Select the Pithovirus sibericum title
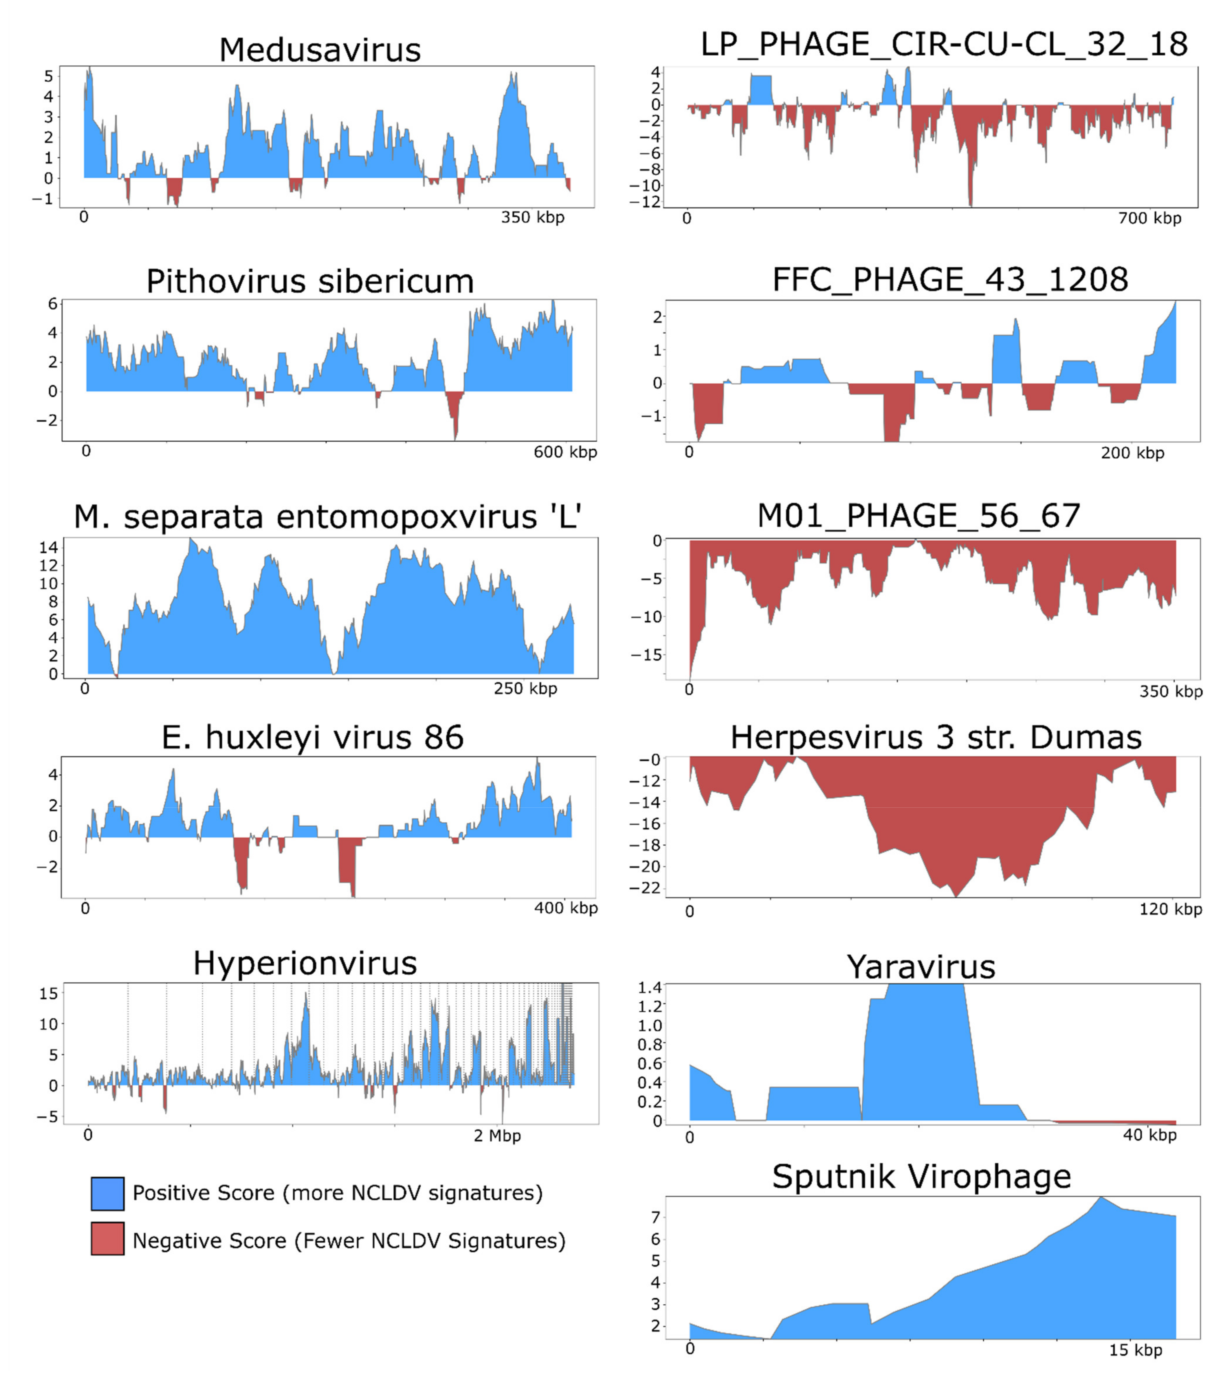[310, 282]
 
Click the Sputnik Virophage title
[921, 1176]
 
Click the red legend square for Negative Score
[107, 1239]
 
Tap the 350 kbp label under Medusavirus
[532, 218]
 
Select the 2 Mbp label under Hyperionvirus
[497, 1136]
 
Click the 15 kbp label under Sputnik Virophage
[1135, 1350]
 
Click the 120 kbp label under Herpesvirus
[1170, 909]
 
